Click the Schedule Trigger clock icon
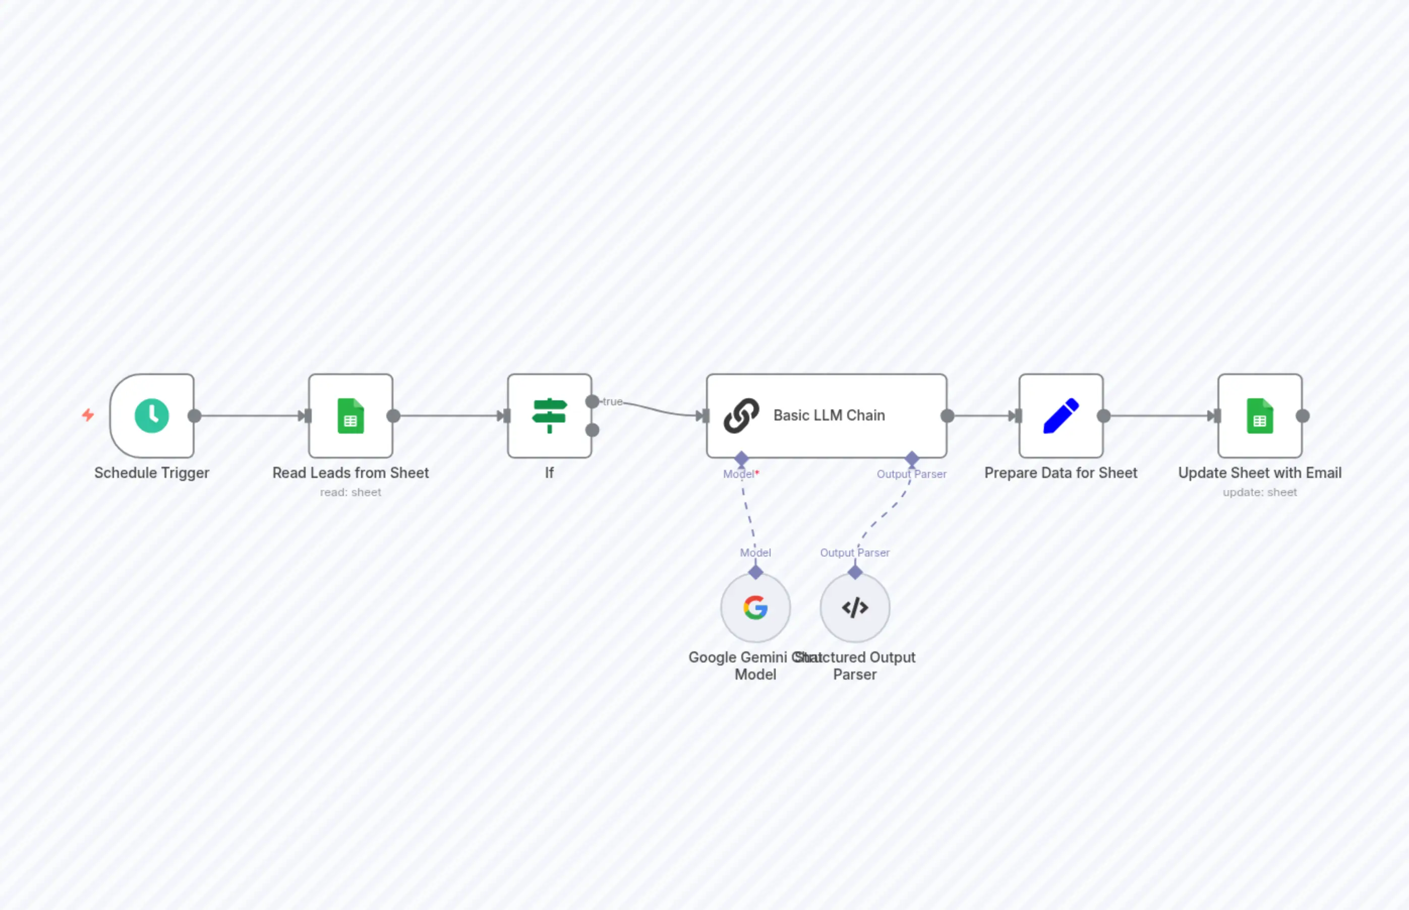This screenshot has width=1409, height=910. (x=152, y=415)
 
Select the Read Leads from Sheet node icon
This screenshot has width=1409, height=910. (x=350, y=415)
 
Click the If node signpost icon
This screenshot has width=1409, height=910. (x=549, y=415)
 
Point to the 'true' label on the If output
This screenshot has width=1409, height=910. (x=612, y=402)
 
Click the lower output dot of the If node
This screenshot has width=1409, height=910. (x=592, y=430)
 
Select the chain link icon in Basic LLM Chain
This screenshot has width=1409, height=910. (x=741, y=415)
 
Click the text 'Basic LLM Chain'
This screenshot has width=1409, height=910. (x=829, y=415)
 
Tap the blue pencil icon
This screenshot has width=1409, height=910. (x=1061, y=415)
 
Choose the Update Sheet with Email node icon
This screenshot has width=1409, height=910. (x=1259, y=415)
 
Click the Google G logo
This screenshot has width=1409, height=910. (x=755, y=608)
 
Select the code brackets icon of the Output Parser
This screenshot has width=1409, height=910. (x=855, y=608)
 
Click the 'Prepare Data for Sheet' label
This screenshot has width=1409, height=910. (x=1061, y=473)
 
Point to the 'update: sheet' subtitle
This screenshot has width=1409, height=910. (x=1259, y=492)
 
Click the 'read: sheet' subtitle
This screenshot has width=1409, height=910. (x=350, y=492)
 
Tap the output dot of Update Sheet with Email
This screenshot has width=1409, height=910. (x=1303, y=416)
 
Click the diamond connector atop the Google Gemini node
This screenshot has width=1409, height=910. (x=755, y=572)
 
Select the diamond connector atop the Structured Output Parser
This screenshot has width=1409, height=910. (x=855, y=572)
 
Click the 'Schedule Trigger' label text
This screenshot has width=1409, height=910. (x=152, y=473)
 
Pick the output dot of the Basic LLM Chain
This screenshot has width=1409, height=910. (x=948, y=416)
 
